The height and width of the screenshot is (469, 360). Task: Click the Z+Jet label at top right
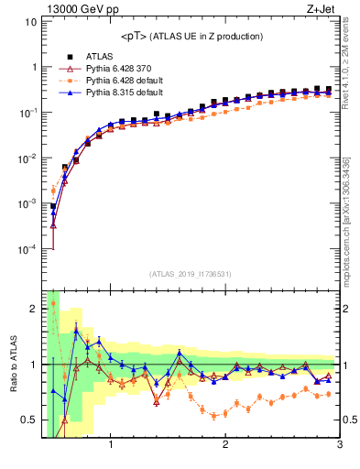point(321,10)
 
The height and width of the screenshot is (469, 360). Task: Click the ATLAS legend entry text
point(94,57)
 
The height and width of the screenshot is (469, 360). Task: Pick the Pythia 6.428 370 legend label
point(119,69)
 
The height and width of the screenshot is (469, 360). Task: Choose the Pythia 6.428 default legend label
point(123,81)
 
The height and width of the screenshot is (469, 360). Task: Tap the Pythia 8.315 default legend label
point(123,93)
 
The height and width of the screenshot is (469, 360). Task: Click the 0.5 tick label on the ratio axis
point(27,420)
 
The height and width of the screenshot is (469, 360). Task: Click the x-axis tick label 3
point(339,445)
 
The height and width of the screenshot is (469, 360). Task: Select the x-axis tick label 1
point(111,445)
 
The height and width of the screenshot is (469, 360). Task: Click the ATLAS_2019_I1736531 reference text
point(191,274)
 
